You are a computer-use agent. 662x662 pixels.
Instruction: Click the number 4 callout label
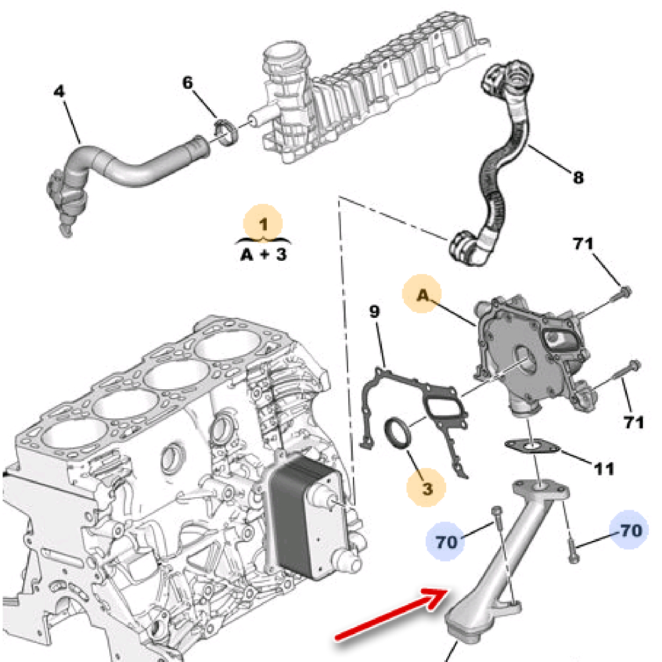tap(60, 91)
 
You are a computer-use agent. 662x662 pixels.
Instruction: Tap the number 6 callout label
tap(188, 83)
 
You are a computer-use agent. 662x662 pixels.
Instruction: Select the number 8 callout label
tap(578, 177)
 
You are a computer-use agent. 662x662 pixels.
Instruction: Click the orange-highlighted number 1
tap(263, 224)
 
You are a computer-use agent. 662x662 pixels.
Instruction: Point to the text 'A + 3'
tap(263, 254)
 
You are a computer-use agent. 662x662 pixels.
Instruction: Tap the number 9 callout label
tap(375, 311)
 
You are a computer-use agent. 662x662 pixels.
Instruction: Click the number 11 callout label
tap(603, 469)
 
